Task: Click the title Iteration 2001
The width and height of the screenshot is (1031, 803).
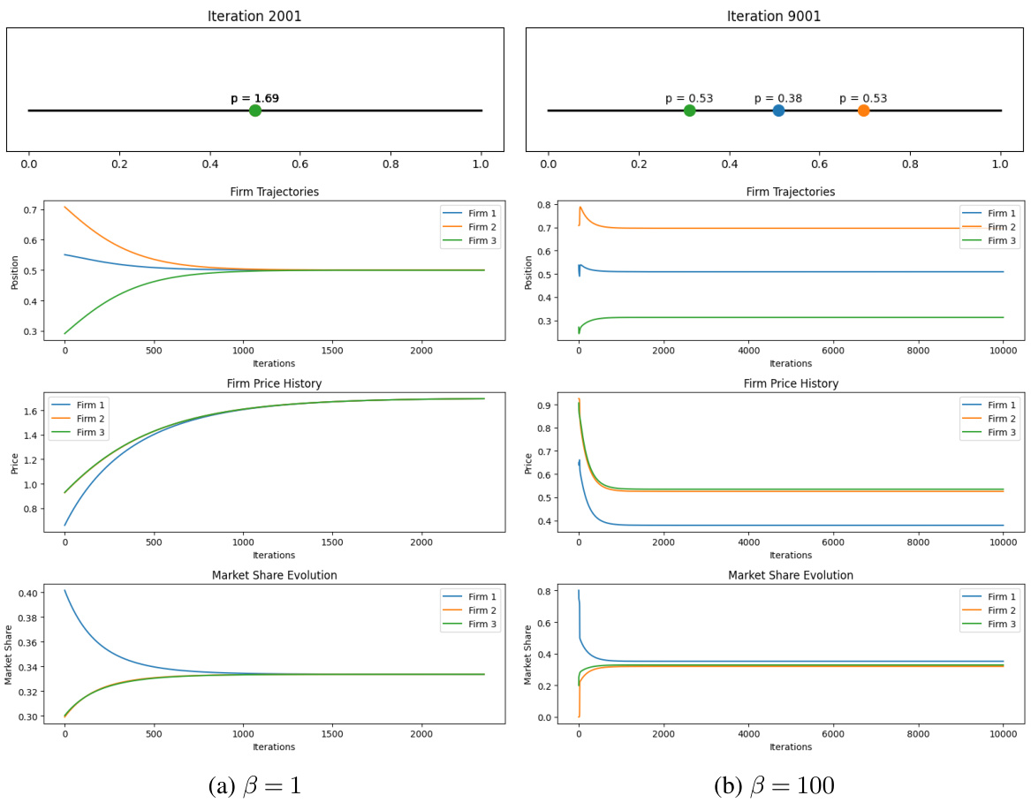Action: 254,16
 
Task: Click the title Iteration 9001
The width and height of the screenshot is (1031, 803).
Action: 774,16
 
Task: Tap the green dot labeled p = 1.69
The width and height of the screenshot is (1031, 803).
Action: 255,110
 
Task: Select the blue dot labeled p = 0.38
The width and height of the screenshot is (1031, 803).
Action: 778,110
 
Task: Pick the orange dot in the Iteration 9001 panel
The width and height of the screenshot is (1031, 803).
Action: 863,110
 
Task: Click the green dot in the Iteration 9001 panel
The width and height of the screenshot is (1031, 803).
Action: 689,110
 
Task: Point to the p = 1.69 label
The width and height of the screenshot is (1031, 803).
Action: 254,98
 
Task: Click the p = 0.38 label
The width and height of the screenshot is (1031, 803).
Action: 777,98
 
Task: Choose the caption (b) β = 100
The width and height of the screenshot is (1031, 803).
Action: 774,784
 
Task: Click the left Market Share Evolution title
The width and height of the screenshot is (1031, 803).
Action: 274,575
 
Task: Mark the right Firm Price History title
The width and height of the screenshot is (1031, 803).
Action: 791,383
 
